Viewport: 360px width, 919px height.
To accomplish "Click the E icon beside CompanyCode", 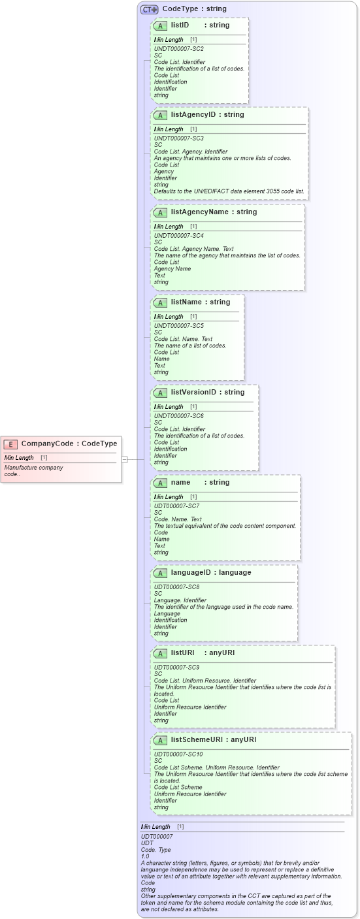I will (x=10, y=444).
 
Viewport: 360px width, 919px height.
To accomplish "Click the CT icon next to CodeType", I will (x=150, y=9).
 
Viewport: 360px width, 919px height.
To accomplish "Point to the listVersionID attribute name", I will (x=193, y=393).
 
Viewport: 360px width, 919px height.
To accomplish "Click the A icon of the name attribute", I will (x=160, y=483).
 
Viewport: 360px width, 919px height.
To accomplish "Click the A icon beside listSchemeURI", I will (x=160, y=740).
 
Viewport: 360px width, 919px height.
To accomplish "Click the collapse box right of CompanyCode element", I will (x=124, y=459).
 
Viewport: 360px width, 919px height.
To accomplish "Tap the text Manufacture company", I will (x=34, y=468).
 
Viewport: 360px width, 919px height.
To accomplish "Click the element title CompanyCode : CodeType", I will (x=69, y=444).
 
